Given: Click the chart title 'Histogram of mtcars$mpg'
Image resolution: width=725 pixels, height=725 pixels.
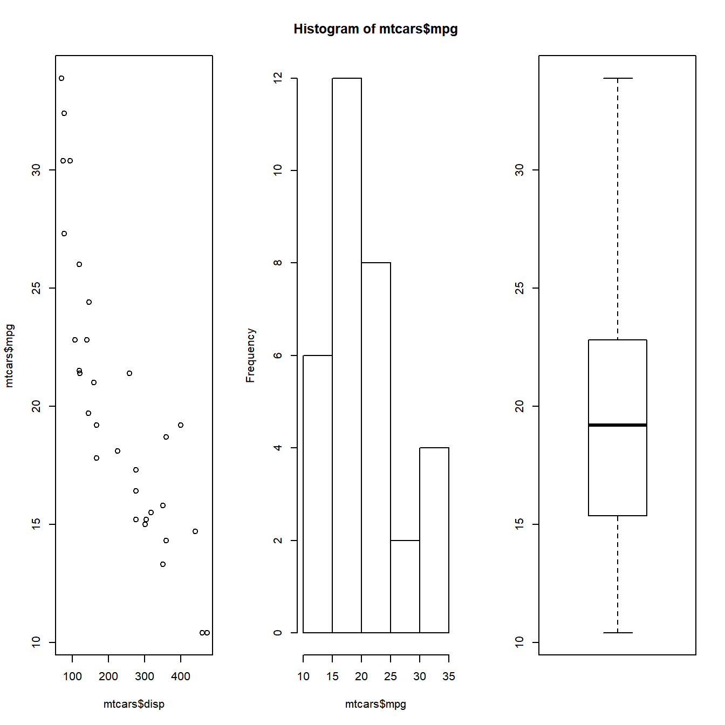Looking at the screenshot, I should pyautogui.click(x=375, y=29).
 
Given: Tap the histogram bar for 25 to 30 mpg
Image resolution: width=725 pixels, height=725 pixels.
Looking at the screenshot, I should pyautogui.click(x=405, y=586).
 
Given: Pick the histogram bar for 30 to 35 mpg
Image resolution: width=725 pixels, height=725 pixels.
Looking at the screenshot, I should pyautogui.click(x=434, y=540).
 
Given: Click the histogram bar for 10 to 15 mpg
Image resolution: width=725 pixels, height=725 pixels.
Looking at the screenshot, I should pyautogui.click(x=318, y=494).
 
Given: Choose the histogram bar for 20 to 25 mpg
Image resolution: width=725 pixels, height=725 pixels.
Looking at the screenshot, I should pyautogui.click(x=376, y=448).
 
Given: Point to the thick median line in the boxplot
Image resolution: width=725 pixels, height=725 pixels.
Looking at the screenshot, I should pyautogui.click(x=618, y=425).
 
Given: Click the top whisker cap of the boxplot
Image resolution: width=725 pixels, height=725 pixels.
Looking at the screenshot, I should pyautogui.click(x=618, y=78).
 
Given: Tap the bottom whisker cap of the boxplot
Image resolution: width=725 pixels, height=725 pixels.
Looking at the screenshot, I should pyautogui.click(x=618, y=633).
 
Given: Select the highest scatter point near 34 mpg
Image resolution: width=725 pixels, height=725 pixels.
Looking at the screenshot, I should pyautogui.click(x=61, y=78).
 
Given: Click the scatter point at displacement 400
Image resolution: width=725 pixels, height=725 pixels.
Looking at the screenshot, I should pyautogui.click(x=181, y=425).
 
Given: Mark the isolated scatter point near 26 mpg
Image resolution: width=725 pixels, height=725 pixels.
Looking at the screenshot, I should pyautogui.click(x=79, y=264).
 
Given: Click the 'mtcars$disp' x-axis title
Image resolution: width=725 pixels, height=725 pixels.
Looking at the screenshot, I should pyautogui.click(x=134, y=704).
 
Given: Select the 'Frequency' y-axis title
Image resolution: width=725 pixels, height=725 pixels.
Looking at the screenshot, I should pyautogui.click(x=250, y=355).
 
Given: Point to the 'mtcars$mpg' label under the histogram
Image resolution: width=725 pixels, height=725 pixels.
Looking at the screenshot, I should pyautogui.click(x=375, y=704).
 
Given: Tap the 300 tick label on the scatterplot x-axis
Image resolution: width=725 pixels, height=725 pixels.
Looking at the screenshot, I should pyautogui.click(x=145, y=676).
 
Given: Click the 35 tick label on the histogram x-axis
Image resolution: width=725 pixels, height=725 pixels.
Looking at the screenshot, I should pyautogui.click(x=449, y=676).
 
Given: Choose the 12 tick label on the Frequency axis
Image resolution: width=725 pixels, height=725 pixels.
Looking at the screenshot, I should pyautogui.click(x=278, y=78).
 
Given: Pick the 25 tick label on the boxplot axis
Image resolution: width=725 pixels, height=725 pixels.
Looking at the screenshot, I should pyautogui.click(x=519, y=288).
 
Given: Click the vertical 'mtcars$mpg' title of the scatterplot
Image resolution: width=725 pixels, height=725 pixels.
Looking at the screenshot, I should pyautogui.click(x=9, y=355).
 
